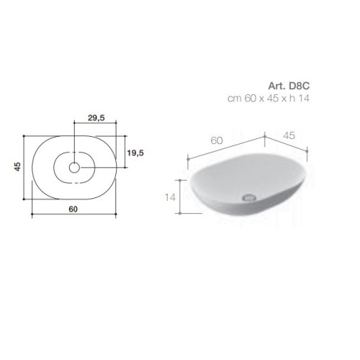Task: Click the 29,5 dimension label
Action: (x=96, y=118)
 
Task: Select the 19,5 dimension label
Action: (x=135, y=153)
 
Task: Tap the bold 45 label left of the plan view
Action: (x=18, y=166)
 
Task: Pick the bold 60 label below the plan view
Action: (x=73, y=209)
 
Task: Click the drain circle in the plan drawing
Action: (x=74, y=168)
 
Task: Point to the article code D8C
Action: (x=299, y=86)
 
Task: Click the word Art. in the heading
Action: (x=277, y=86)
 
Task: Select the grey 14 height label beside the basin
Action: (x=170, y=197)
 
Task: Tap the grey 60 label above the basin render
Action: (x=217, y=140)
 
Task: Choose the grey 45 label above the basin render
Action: (x=289, y=135)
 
